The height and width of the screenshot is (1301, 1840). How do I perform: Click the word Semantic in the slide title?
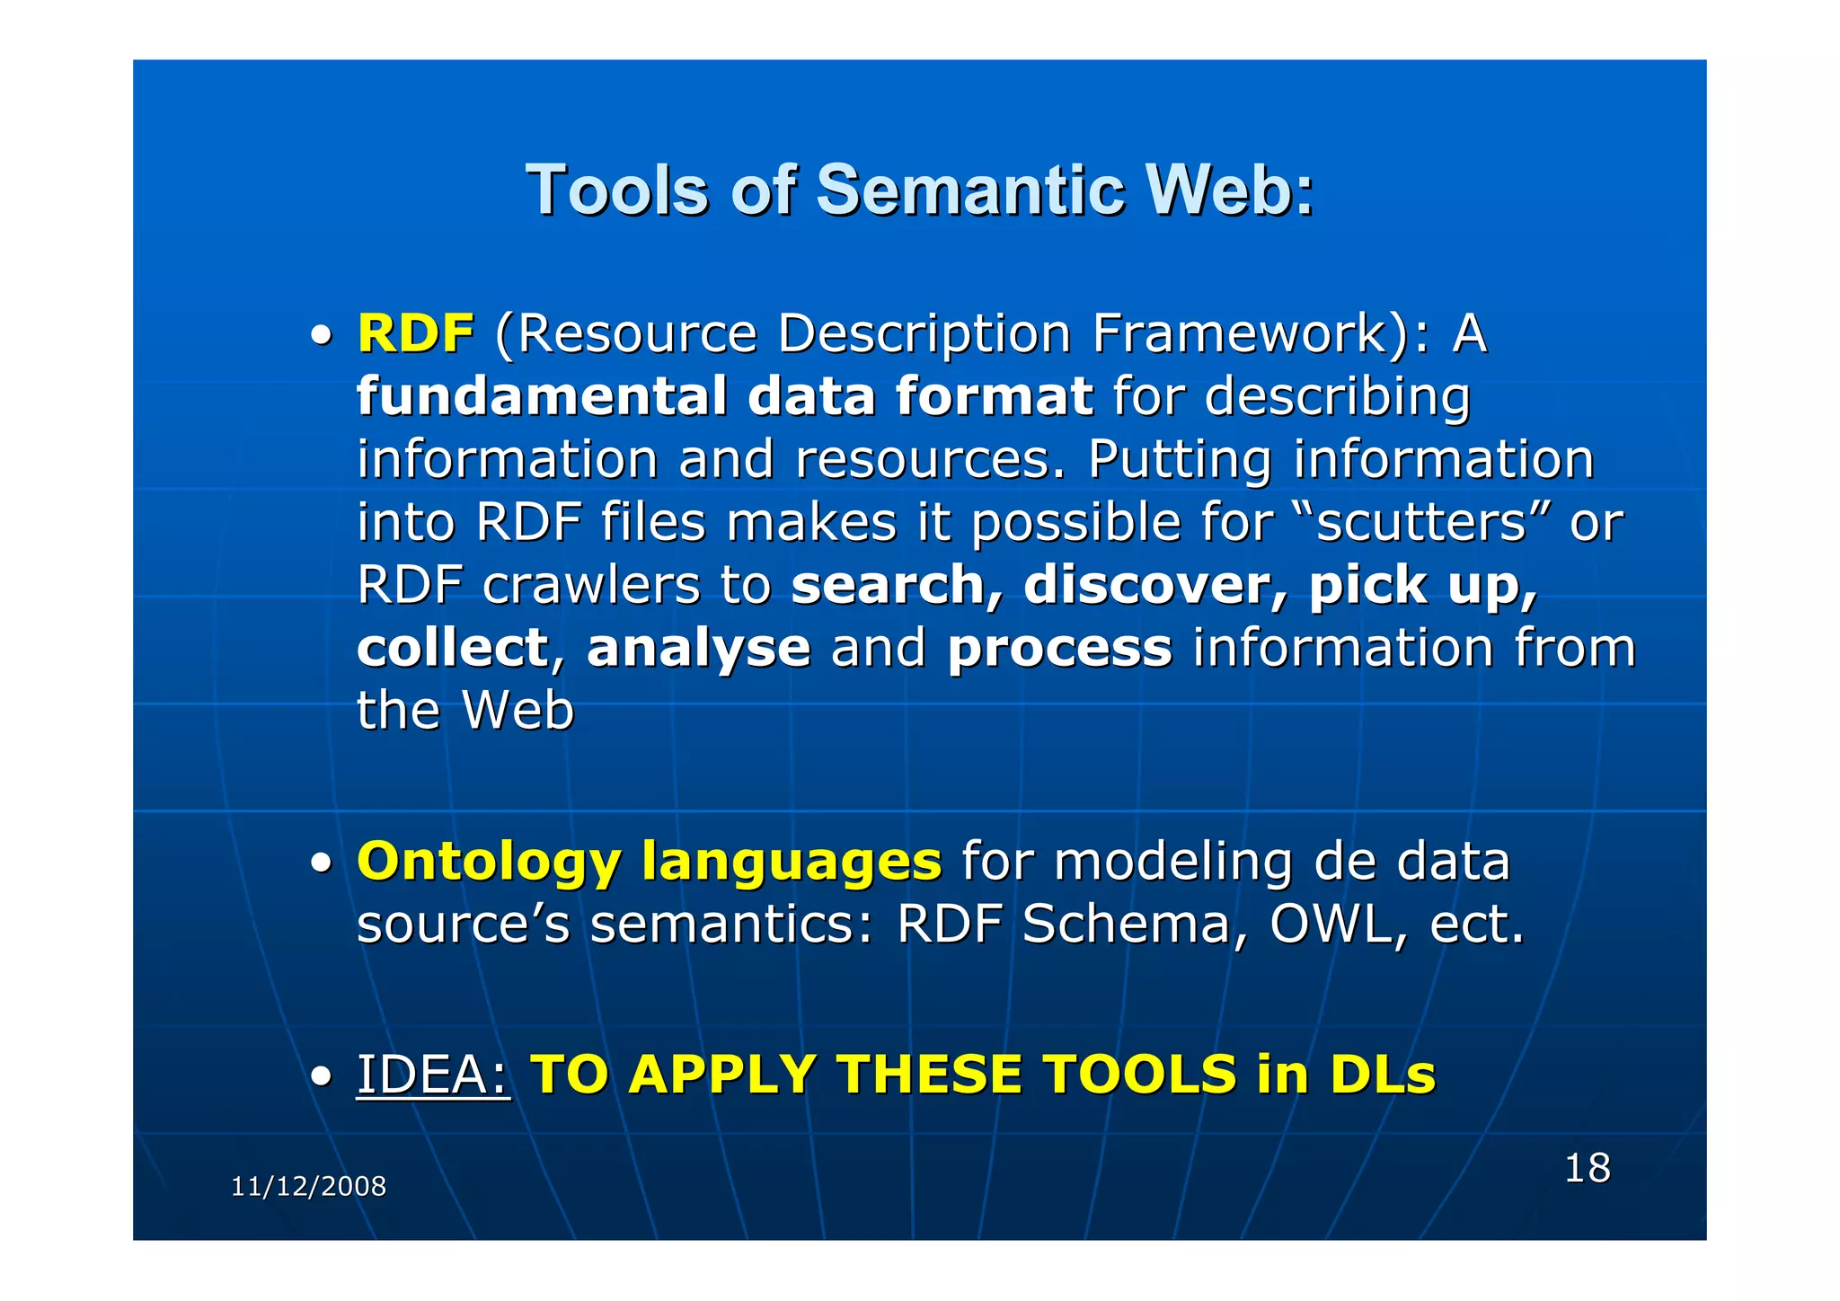(969, 190)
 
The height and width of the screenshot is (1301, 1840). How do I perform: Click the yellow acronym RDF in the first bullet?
(415, 334)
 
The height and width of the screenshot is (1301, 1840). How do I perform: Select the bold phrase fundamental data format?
(724, 396)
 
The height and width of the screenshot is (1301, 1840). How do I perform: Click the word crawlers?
(590, 585)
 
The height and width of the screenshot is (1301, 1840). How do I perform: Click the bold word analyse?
(698, 648)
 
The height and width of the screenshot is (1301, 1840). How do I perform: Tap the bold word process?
(1059, 650)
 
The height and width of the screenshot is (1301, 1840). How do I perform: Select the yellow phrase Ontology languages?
(649, 862)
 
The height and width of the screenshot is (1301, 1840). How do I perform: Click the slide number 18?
(1587, 1168)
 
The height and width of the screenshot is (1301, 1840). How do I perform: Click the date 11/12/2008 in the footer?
(308, 1187)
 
